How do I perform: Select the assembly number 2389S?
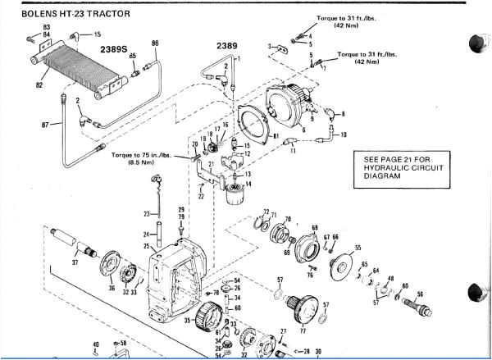tap(114, 49)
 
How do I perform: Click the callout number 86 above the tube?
tap(155, 43)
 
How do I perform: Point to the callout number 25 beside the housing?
tap(148, 246)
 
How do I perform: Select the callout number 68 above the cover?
tap(314, 226)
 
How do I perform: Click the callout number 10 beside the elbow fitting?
tap(344, 134)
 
